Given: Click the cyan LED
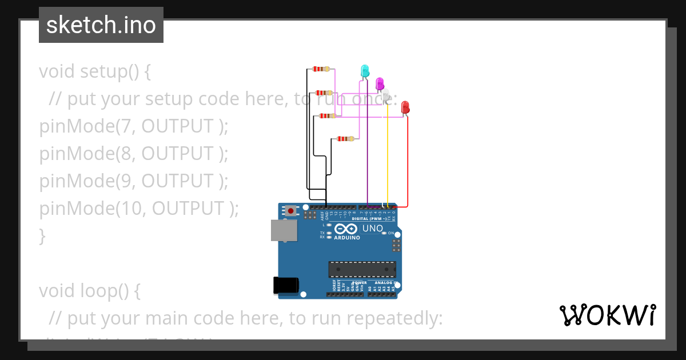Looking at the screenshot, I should (365, 71).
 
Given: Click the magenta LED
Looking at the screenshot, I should (379, 83).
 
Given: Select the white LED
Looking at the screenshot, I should (386, 94).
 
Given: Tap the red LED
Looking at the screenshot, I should (405, 106).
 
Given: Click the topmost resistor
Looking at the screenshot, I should (321, 69).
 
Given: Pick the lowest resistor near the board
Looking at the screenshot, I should (345, 138).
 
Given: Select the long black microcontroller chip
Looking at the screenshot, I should (362, 269).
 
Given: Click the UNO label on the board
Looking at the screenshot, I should (373, 229).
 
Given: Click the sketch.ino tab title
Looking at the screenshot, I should (101, 25).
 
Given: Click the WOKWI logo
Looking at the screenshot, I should (607, 315).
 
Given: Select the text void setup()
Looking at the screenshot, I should (94, 71).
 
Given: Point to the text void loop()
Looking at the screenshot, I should (89, 291).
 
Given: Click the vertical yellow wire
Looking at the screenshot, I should (388, 160).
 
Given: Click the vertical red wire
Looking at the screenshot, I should (408, 166).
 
